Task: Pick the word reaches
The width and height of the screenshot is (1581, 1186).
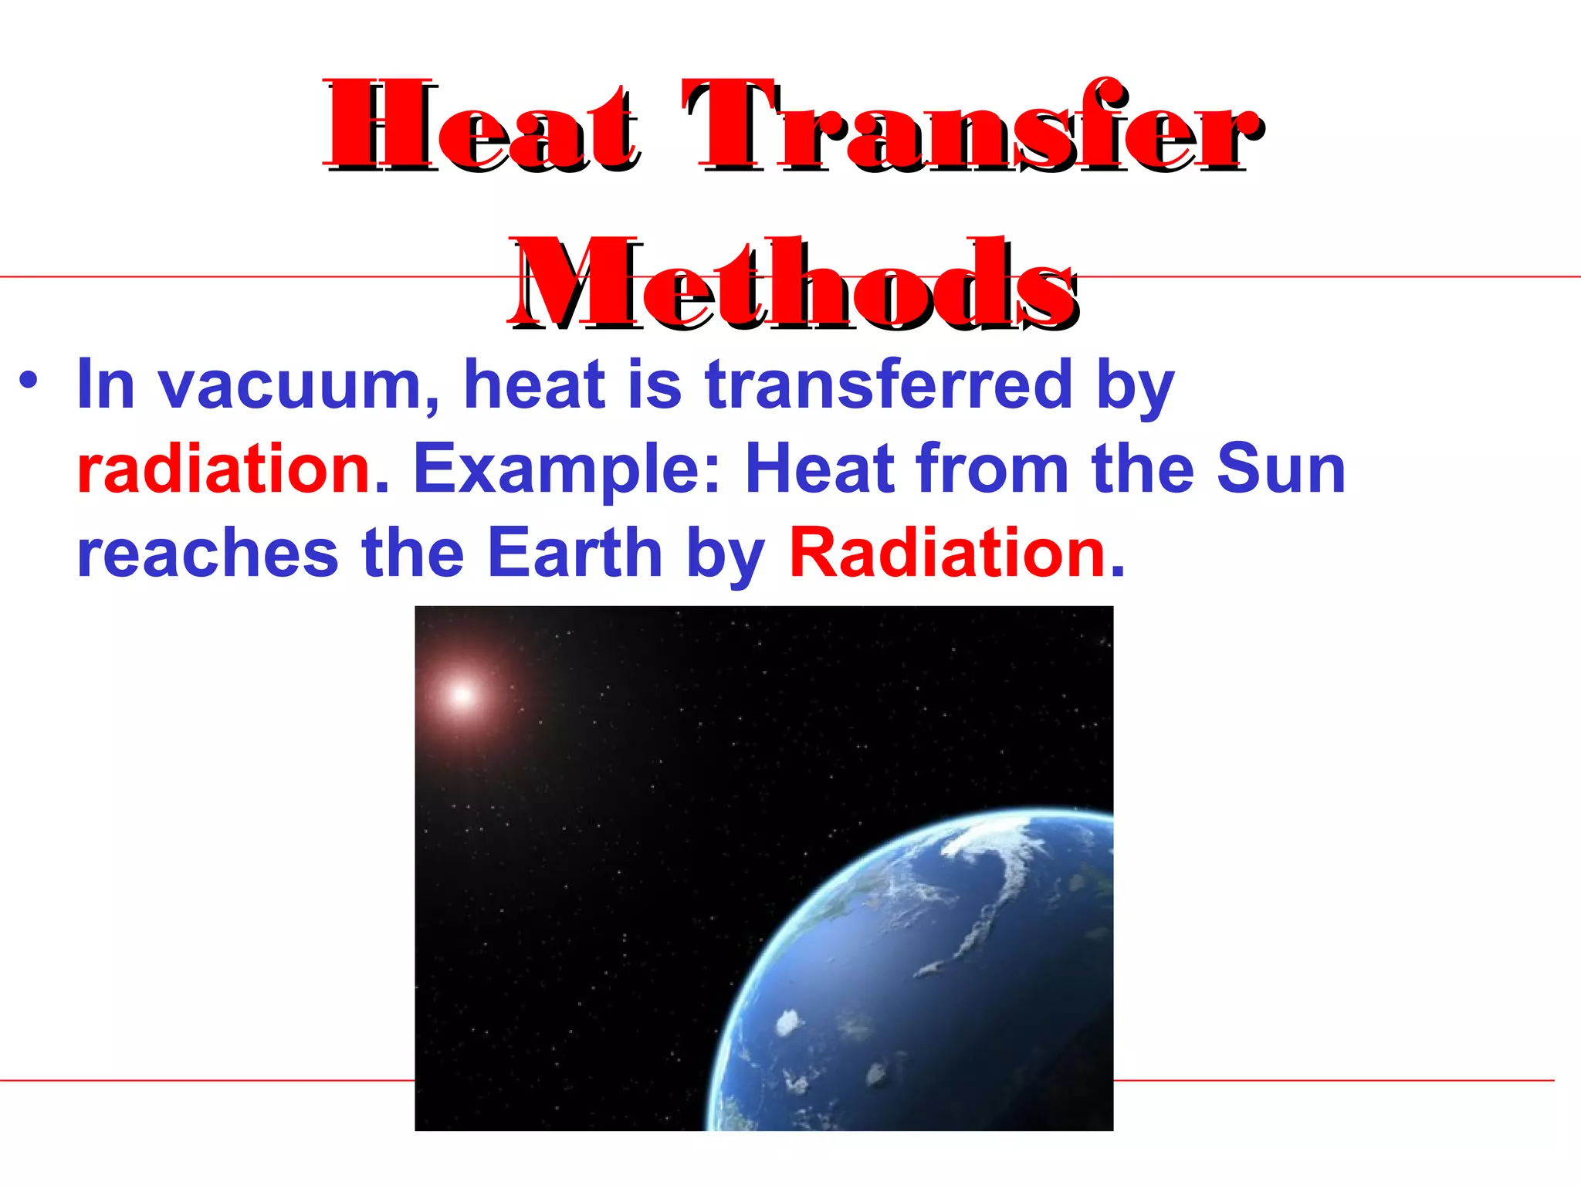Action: [x=208, y=554]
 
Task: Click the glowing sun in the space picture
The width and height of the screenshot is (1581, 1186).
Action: [x=462, y=695]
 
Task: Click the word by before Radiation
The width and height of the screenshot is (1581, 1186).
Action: [x=725, y=554]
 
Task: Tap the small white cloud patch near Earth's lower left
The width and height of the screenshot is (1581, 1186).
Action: [x=788, y=1023]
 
